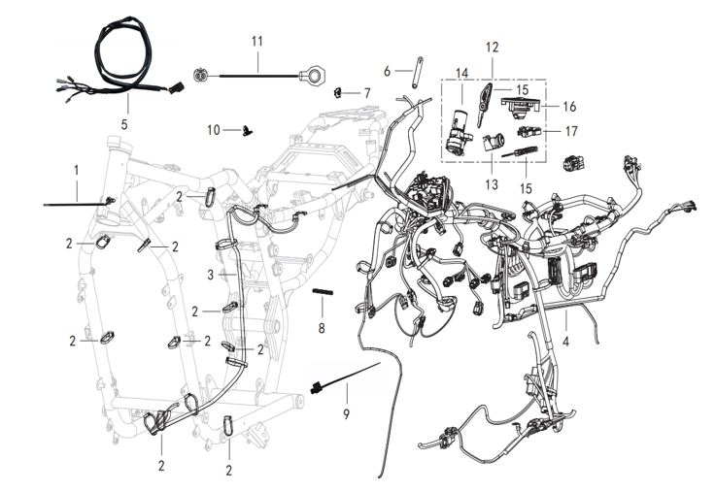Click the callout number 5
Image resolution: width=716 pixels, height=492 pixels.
pyautogui.click(x=124, y=124)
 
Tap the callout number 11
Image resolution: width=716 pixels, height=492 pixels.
pyautogui.click(x=257, y=41)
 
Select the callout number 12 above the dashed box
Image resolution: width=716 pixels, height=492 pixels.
pyautogui.click(x=492, y=47)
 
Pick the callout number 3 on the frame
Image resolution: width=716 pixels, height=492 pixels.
pyautogui.click(x=210, y=276)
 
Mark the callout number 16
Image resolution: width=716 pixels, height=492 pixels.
pyautogui.click(x=569, y=105)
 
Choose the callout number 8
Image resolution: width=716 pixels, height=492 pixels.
pyautogui.click(x=322, y=329)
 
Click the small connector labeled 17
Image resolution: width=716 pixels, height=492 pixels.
pyautogui.click(x=528, y=130)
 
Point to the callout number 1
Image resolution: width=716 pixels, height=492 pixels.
pyautogui.click(x=74, y=171)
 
